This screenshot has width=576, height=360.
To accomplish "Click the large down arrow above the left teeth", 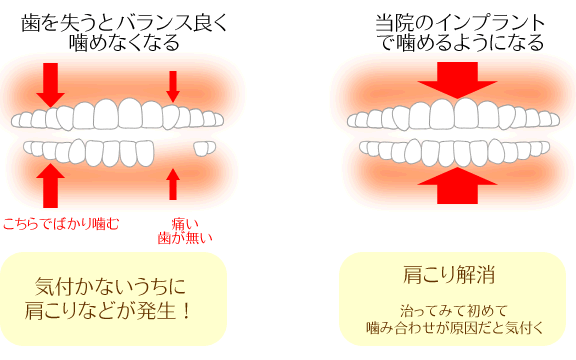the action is tap(50, 84).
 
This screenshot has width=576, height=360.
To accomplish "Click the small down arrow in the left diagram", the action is tap(173, 86).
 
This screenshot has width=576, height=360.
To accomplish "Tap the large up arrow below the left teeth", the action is tap(50, 186).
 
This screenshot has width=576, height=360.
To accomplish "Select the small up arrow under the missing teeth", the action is tap(173, 184).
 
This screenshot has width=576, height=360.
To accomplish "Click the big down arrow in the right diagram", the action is tap(457, 80).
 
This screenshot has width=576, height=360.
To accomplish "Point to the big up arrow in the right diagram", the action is tap(457, 186).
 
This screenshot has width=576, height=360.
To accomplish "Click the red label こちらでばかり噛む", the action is tap(61, 223).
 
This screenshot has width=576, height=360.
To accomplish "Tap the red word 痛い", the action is tap(185, 223).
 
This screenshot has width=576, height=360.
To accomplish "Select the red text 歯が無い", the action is tap(185, 238).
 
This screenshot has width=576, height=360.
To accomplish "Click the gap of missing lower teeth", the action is tap(173, 150).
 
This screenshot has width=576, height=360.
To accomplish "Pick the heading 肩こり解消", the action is tap(449, 274).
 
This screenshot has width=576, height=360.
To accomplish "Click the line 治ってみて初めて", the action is tap(454, 311).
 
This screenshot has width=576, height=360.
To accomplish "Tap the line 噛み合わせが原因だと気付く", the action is tap(455, 328).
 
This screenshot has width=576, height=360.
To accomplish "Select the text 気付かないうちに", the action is tap(110, 286).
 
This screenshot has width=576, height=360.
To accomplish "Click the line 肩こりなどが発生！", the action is tap(108, 310).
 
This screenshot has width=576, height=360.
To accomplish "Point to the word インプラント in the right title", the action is tap(490, 23).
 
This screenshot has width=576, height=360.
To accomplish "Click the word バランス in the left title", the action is tap(153, 24).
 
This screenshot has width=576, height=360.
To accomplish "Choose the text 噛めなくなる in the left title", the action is tap(124, 42).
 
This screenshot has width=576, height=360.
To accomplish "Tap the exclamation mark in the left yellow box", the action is tap(187, 311).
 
